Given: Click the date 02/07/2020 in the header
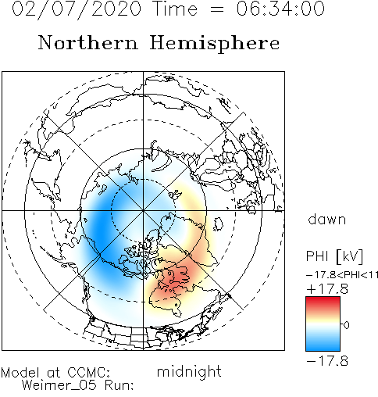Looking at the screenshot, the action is click(77, 9).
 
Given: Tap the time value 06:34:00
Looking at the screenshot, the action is click(280, 9).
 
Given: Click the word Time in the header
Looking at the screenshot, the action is click(176, 9).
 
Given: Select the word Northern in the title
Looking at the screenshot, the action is click(88, 42).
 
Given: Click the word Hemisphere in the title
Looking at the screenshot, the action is click(215, 44).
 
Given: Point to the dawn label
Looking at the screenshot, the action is click(326, 220).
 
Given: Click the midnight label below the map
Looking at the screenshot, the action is click(189, 372).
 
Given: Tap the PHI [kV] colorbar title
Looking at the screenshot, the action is click(334, 256).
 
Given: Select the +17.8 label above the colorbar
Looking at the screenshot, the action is click(327, 289).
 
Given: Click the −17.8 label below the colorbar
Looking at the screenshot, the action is click(327, 361).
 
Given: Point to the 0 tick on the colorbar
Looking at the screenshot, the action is click(346, 325).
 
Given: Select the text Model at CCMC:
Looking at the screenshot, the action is click(55, 373).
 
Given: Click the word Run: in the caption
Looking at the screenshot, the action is click(119, 385).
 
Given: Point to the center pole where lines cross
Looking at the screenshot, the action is click(143, 210).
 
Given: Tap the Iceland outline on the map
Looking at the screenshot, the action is click(219, 224).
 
